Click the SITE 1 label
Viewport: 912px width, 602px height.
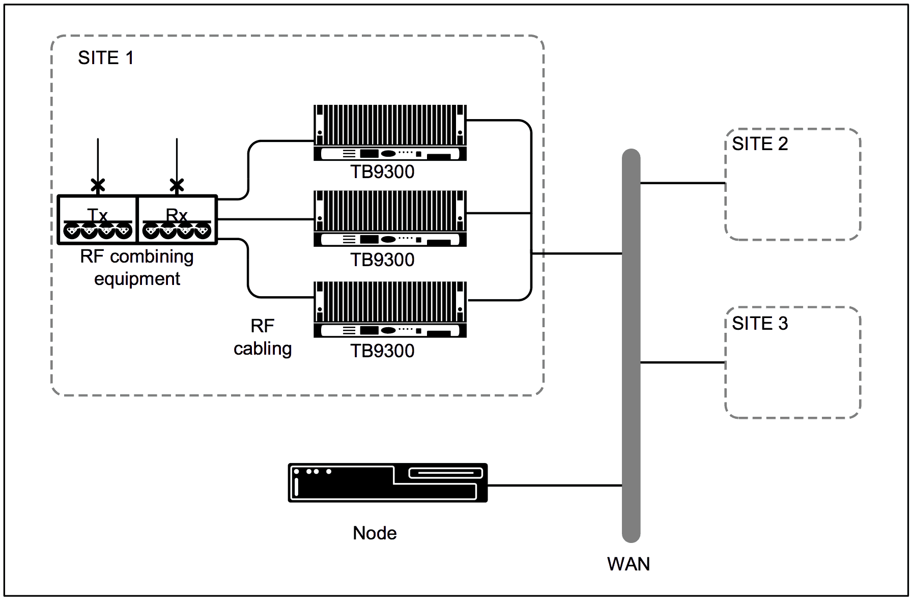point(105,58)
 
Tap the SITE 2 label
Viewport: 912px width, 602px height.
point(759,144)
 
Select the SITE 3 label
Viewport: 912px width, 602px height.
point(759,324)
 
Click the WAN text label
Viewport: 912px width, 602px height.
point(628,564)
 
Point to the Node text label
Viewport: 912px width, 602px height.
point(375,533)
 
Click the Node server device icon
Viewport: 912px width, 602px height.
point(388,482)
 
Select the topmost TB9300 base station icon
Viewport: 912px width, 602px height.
point(390,132)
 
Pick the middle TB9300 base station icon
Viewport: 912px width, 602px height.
point(390,218)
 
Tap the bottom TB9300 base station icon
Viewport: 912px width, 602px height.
point(390,309)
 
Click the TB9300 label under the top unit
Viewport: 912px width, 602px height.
point(382,172)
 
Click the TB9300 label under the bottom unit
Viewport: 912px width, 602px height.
point(382,351)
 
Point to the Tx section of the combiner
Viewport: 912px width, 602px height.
point(97,220)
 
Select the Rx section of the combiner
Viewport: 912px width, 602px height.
point(177,220)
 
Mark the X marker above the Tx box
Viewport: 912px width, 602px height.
point(98,185)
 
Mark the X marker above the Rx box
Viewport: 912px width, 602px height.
point(177,185)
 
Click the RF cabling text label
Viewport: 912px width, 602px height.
point(263,337)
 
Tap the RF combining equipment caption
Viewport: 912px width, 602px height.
point(137,268)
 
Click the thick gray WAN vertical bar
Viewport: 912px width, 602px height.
point(631,346)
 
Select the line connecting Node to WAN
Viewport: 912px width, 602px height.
point(555,485)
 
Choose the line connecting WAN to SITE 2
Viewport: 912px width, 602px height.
point(682,183)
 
